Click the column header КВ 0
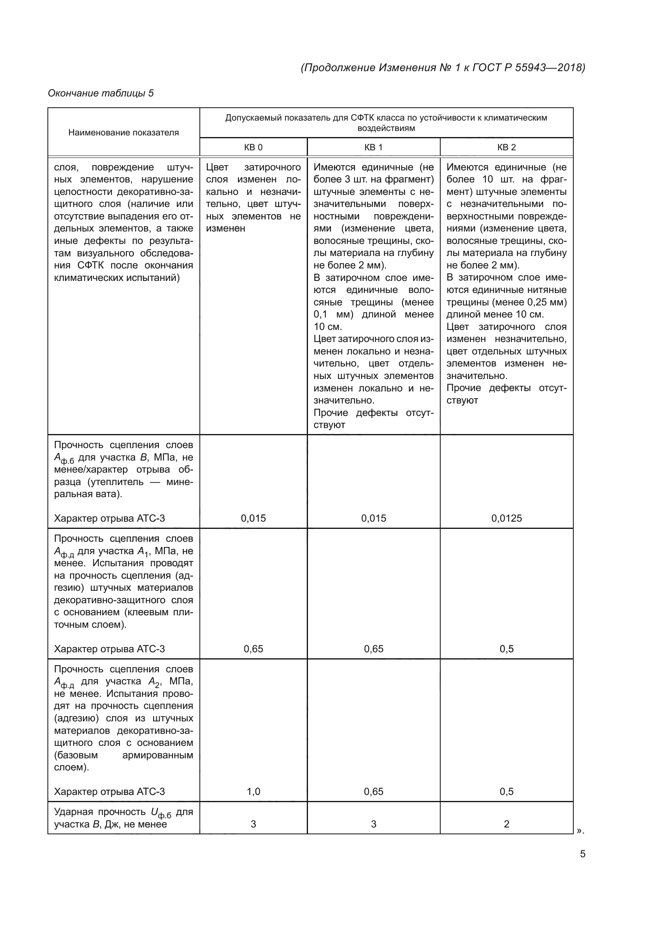[253, 147]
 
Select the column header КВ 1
[373, 147]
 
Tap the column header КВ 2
[506, 147]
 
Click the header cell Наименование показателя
[123, 133]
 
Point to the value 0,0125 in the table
[506, 518]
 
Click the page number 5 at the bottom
[582, 854]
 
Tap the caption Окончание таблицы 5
[101, 93]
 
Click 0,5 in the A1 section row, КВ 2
[506, 649]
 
